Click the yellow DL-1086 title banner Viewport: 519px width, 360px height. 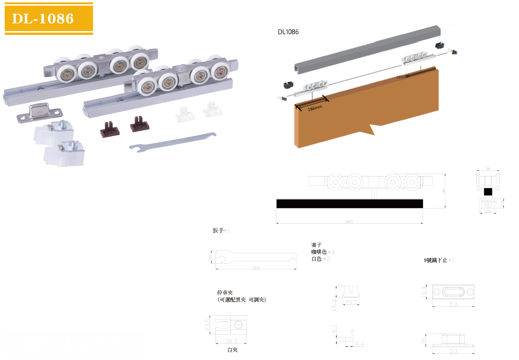coord(49,18)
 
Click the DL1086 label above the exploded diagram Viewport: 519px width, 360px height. coord(288,32)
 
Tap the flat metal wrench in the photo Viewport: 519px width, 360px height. coord(173,141)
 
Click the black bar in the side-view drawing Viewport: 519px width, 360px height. coord(349,203)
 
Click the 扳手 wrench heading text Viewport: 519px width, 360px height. coord(218,231)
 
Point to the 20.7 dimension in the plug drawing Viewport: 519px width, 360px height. coord(352,301)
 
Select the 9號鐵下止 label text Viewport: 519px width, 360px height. coord(435,260)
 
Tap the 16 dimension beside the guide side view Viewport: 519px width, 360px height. coord(424,339)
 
